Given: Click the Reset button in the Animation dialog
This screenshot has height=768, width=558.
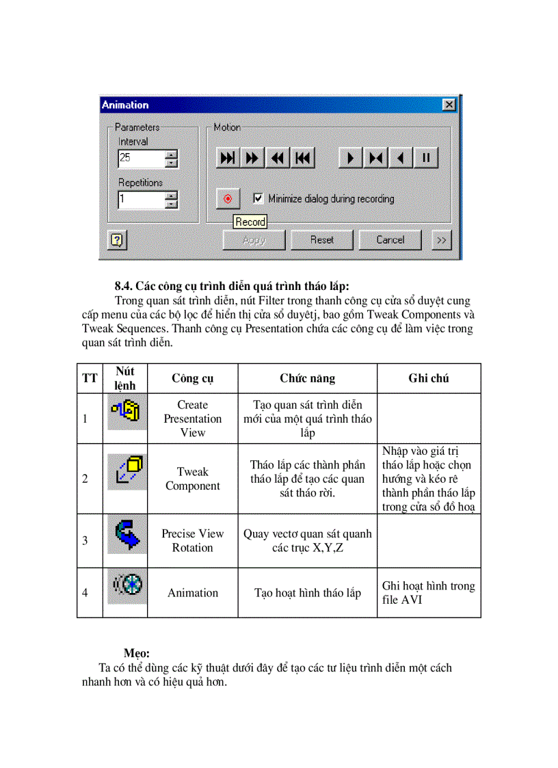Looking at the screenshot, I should (321, 240).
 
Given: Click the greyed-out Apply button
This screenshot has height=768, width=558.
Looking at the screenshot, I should (254, 240).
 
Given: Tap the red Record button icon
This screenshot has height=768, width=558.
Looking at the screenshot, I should (228, 199).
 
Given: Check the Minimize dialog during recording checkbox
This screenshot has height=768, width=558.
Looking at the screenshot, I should (258, 198).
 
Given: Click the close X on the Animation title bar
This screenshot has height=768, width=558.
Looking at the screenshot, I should (449, 105).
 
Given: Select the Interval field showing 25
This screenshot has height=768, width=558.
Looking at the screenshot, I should (141, 158).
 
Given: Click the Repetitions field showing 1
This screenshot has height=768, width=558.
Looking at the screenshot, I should (141, 200).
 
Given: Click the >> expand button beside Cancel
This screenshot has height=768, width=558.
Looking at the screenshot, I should (442, 240).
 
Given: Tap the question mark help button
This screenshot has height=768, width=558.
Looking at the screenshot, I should (117, 240).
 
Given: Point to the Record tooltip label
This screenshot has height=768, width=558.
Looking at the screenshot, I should (250, 222).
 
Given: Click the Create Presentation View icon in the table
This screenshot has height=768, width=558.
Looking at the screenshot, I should (127, 411).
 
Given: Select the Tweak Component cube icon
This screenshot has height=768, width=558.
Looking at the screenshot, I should (127, 472).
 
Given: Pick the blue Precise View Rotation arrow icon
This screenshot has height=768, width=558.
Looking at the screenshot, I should (127, 534).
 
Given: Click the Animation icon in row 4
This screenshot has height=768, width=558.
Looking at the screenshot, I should (127, 587).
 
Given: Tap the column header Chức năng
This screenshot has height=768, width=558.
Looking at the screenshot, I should (307, 378).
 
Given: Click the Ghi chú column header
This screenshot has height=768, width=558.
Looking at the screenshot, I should (429, 378).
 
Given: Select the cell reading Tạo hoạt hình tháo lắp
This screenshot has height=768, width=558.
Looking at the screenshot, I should (307, 593).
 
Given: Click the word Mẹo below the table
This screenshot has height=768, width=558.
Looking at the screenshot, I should (137, 653).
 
